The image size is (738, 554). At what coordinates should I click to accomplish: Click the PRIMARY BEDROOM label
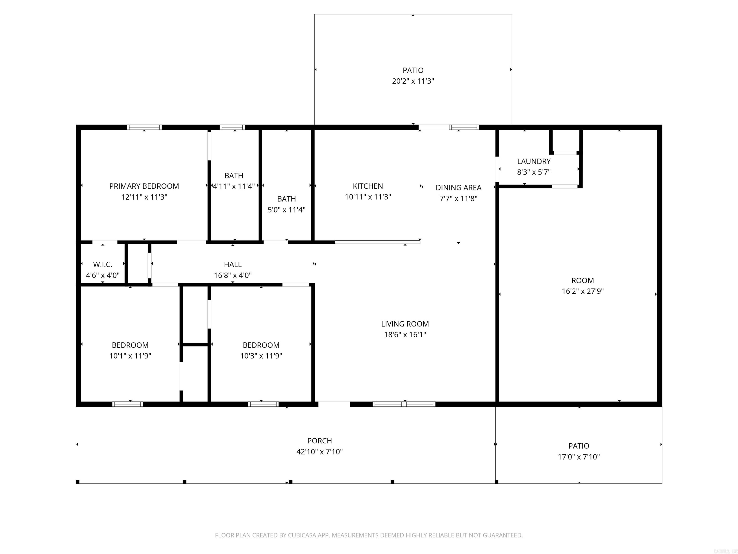(x=144, y=186)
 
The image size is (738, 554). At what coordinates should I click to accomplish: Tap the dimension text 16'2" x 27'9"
(x=583, y=291)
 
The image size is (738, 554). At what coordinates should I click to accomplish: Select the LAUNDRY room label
(x=534, y=161)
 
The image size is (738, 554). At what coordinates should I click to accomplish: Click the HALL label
(x=233, y=264)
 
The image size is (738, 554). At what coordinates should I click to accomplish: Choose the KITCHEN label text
(x=368, y=186)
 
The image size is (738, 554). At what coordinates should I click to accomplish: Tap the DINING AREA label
(x=458, y=188)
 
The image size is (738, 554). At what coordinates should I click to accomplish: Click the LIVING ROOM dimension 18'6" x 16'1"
(x=405, y=335)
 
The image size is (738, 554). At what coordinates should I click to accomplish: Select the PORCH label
(x=319, y=441)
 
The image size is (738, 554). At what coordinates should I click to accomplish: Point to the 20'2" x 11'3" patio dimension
(x=413, y=81)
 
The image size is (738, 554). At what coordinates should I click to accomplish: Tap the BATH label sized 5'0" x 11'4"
(x=286, y=199)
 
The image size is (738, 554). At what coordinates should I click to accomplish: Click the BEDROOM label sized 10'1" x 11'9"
(x=130, y=345)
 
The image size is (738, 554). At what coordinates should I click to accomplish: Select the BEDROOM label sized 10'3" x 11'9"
(x=261, y=345)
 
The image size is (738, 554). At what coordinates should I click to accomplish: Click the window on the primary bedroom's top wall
(x=144, y=127)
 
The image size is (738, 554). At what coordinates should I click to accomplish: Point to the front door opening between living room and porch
(x=334, y=404)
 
